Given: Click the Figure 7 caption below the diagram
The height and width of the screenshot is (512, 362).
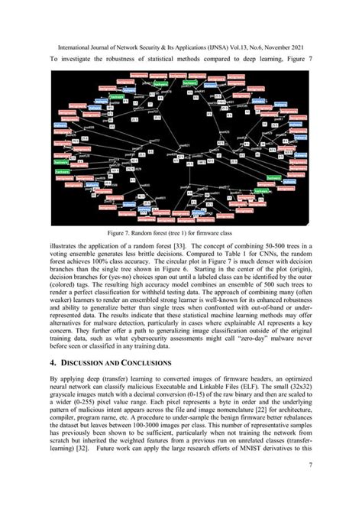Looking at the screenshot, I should click(180, 235).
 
